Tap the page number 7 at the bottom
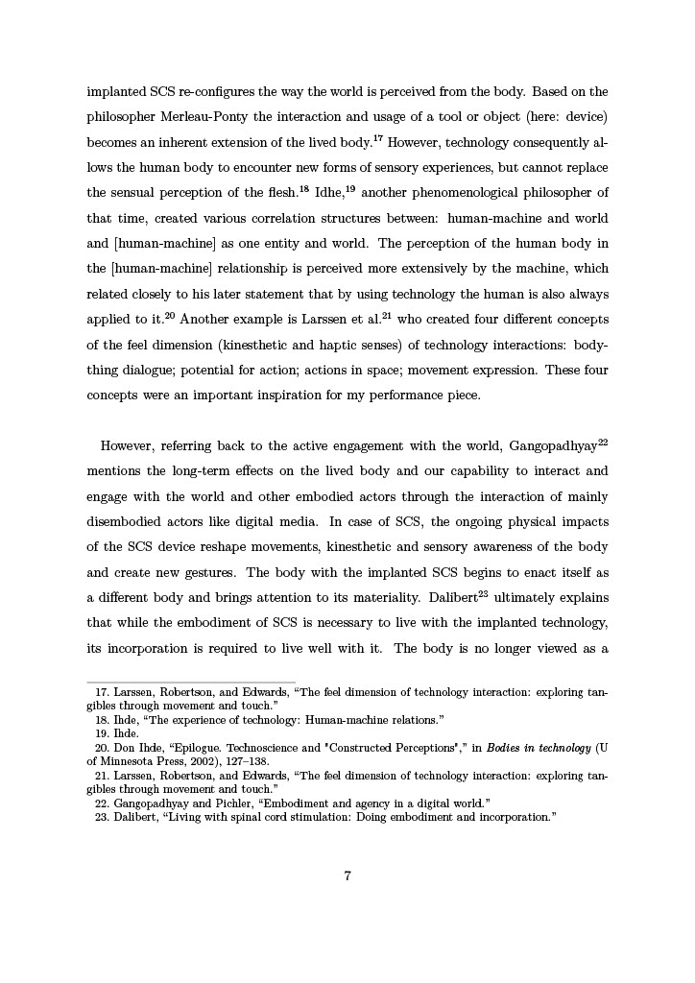pyautogui.click(x=347, y=875)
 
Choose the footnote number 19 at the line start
pyautogui.click(x=102, y=732)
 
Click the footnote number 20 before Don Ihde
pyautogui.click(x=102, y=746)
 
